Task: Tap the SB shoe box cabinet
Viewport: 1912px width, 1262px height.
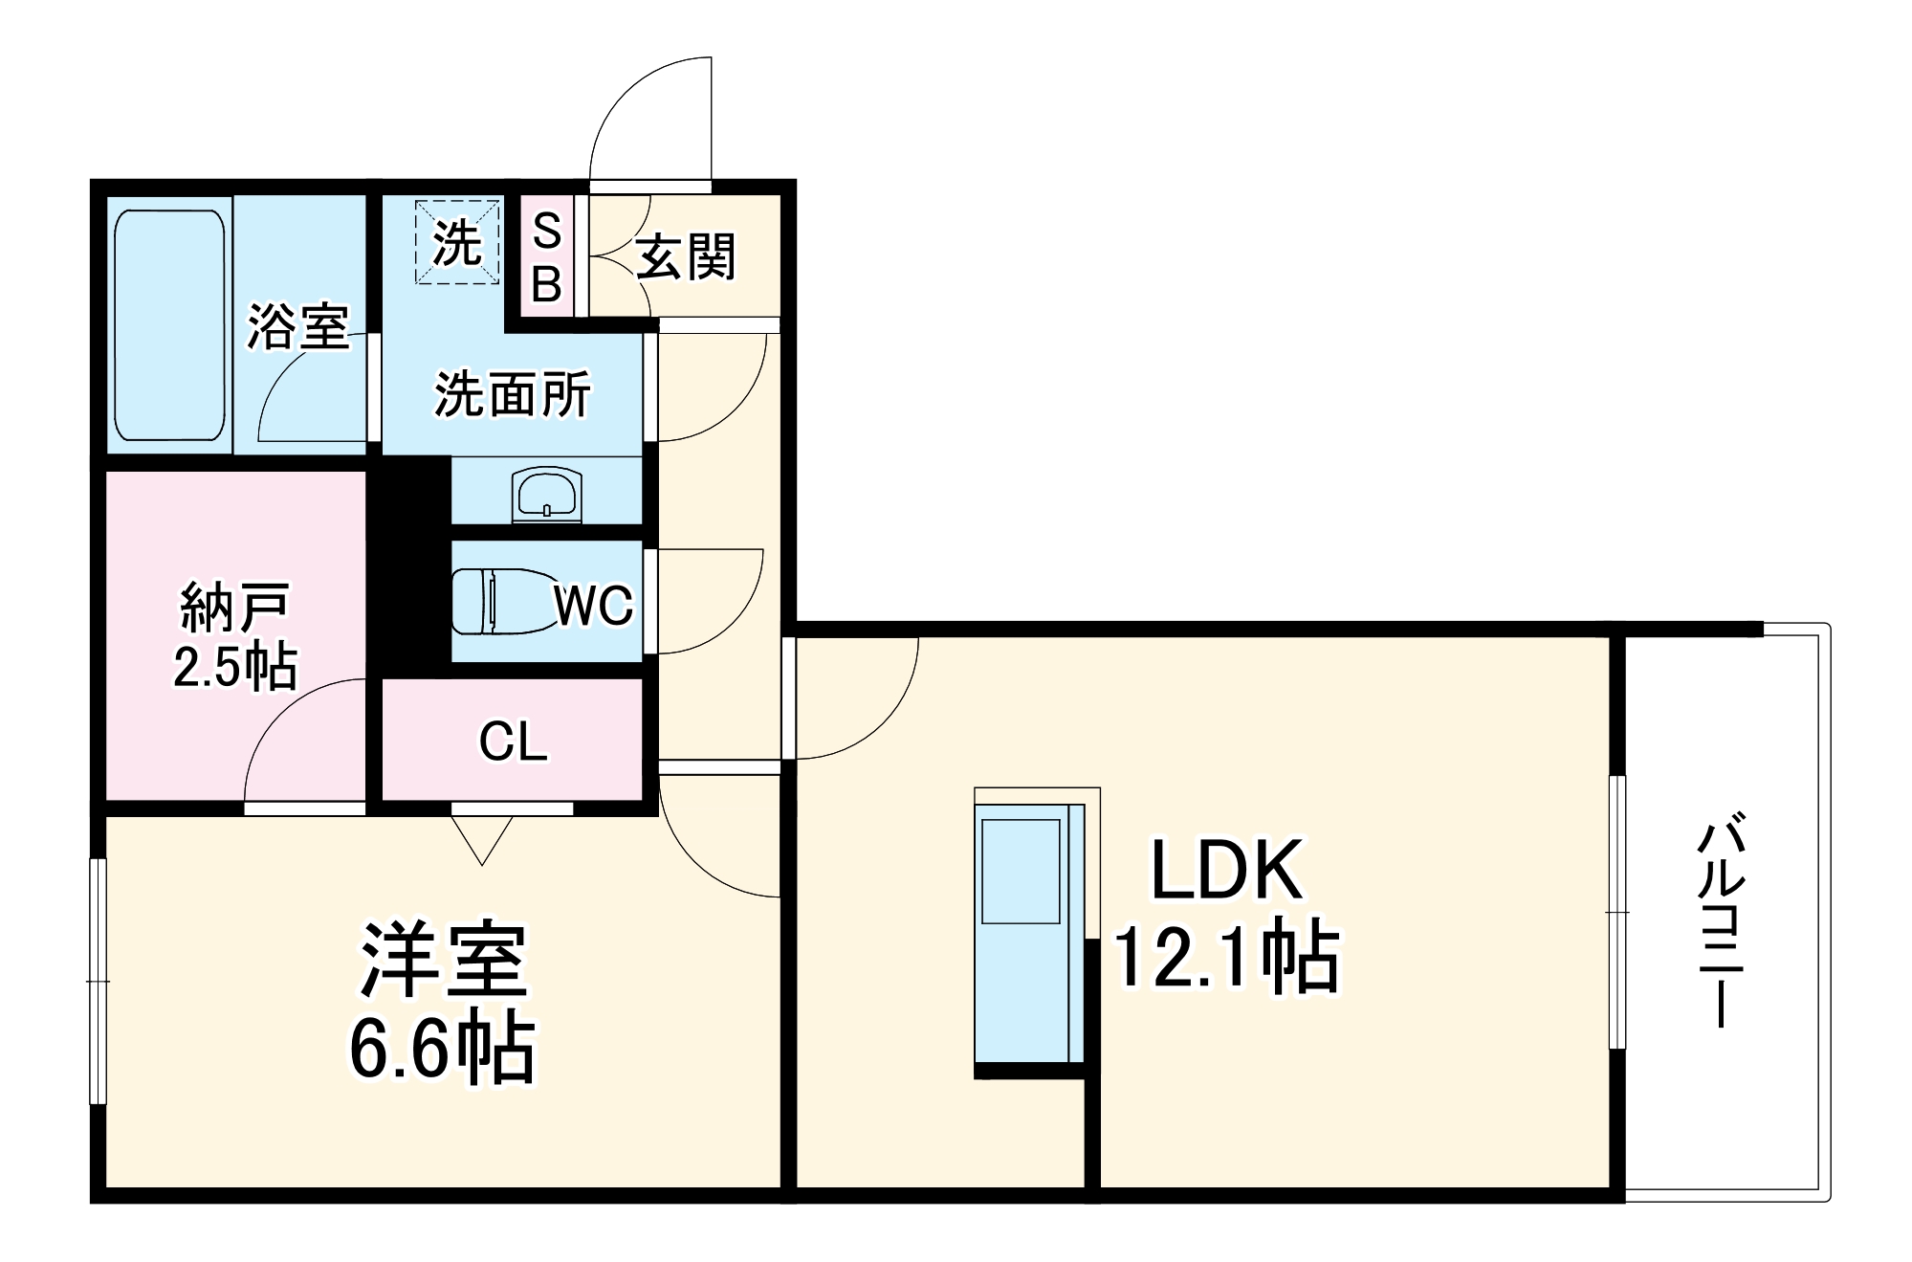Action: pos(546,256)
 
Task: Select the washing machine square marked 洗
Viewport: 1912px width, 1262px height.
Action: pos(457,242)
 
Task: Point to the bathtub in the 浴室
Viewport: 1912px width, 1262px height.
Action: pos(169,324)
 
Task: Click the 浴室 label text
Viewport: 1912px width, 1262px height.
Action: pos(297,326)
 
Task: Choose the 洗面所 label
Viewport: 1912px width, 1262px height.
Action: pos(513,393)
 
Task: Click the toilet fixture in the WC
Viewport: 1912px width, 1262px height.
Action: pos(497,601)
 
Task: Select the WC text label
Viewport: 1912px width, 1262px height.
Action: pos(593,605)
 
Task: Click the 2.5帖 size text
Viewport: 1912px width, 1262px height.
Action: pos(234,666)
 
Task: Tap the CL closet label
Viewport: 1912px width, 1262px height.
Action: pos(513,742)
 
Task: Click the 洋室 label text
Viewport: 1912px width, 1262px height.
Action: pos(443,960)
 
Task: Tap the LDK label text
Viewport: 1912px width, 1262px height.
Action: pos(1227,870)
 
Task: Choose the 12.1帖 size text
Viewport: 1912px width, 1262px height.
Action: pos(1227,957)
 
